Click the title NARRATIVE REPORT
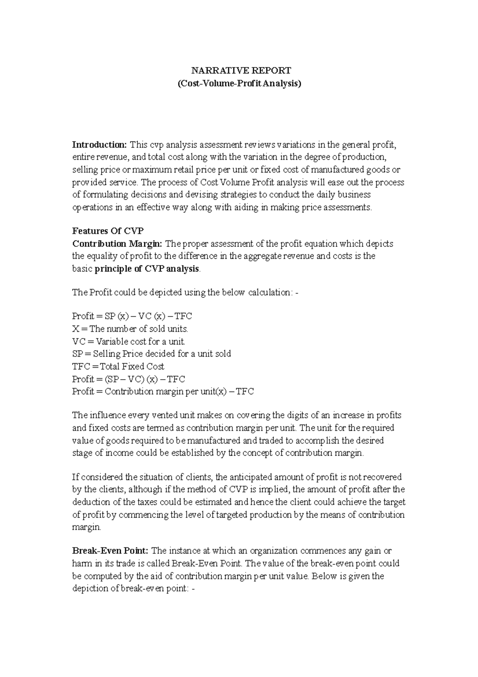click(241, 71)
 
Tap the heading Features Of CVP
click(108, 231)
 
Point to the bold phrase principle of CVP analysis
click(147, 269)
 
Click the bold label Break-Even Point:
click(110, 551)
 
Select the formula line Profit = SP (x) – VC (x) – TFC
click(132, 316)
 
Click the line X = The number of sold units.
click(130, 329)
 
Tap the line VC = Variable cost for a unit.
click(129, 341)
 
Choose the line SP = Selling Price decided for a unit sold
click(151, 354)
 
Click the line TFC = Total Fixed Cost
click(118, 366)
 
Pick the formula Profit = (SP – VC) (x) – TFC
click(128, 379)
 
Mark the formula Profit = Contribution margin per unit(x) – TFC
click(163, 392)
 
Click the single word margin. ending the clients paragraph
click(86, 527)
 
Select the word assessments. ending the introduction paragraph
click(347, 207)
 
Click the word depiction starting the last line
click(90, 588)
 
